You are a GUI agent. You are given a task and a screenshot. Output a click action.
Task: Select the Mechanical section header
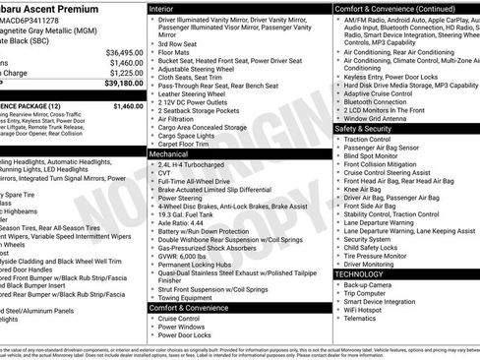click(x=169, y=154)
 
